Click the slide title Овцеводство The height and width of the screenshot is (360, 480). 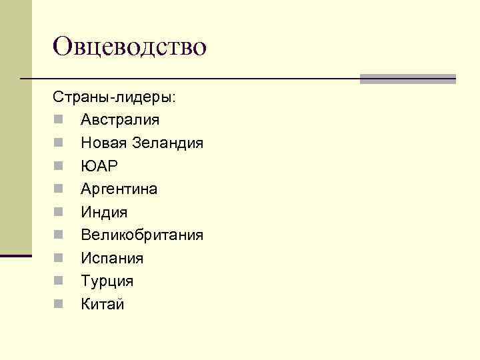coord(131,47)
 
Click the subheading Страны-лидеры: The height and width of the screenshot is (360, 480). coord(115,97)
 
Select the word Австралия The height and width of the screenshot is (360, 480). coord(120,120)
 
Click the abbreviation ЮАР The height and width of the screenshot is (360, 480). coord(99,166)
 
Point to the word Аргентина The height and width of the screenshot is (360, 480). coord(119,189)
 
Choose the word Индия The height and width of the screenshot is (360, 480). coord(104,213)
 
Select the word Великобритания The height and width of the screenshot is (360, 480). coord(142,235)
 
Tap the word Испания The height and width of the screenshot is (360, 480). coord(112,259)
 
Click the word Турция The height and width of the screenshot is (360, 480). coord(107,281)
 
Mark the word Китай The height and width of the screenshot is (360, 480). coord(103,305)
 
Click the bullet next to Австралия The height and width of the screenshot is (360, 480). coord(59,121)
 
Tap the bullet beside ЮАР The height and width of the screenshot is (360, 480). coord(59,167)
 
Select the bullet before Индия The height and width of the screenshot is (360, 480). coord(59,213)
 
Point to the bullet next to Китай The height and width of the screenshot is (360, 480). coord(59,305)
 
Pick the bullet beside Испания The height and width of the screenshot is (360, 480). coord(59,259)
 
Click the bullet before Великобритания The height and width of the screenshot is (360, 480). coord(59,236)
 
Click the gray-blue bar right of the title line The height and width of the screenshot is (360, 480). coord(407,79)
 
